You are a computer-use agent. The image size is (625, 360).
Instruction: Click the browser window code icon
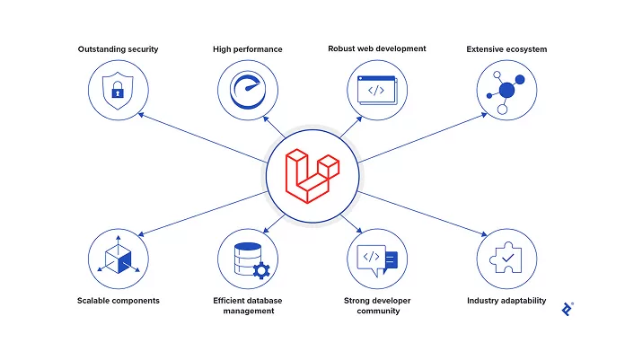(x=377, y=91)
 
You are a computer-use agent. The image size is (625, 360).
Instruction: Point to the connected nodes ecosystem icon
(x=506, y=91)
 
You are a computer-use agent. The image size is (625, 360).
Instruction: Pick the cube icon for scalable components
(x=118, y=259)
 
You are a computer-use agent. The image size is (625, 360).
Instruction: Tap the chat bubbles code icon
(x=377, y=259)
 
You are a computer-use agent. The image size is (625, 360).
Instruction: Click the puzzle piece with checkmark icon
(x=506, y=259)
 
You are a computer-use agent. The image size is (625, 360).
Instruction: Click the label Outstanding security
(x=118, y=49)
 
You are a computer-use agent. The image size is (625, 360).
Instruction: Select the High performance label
(x=248, y=49)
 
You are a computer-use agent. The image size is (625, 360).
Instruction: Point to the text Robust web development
(x=377, y=48)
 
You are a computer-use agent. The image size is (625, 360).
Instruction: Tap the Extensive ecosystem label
(x=506, y=49)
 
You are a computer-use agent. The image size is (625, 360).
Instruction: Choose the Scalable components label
(x=118, y=301)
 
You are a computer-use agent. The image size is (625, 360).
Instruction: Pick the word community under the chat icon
(x=377, y=312)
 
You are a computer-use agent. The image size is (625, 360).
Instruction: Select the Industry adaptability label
(x=506, y=301)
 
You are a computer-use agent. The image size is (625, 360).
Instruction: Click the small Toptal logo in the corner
(x=567, y=309)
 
